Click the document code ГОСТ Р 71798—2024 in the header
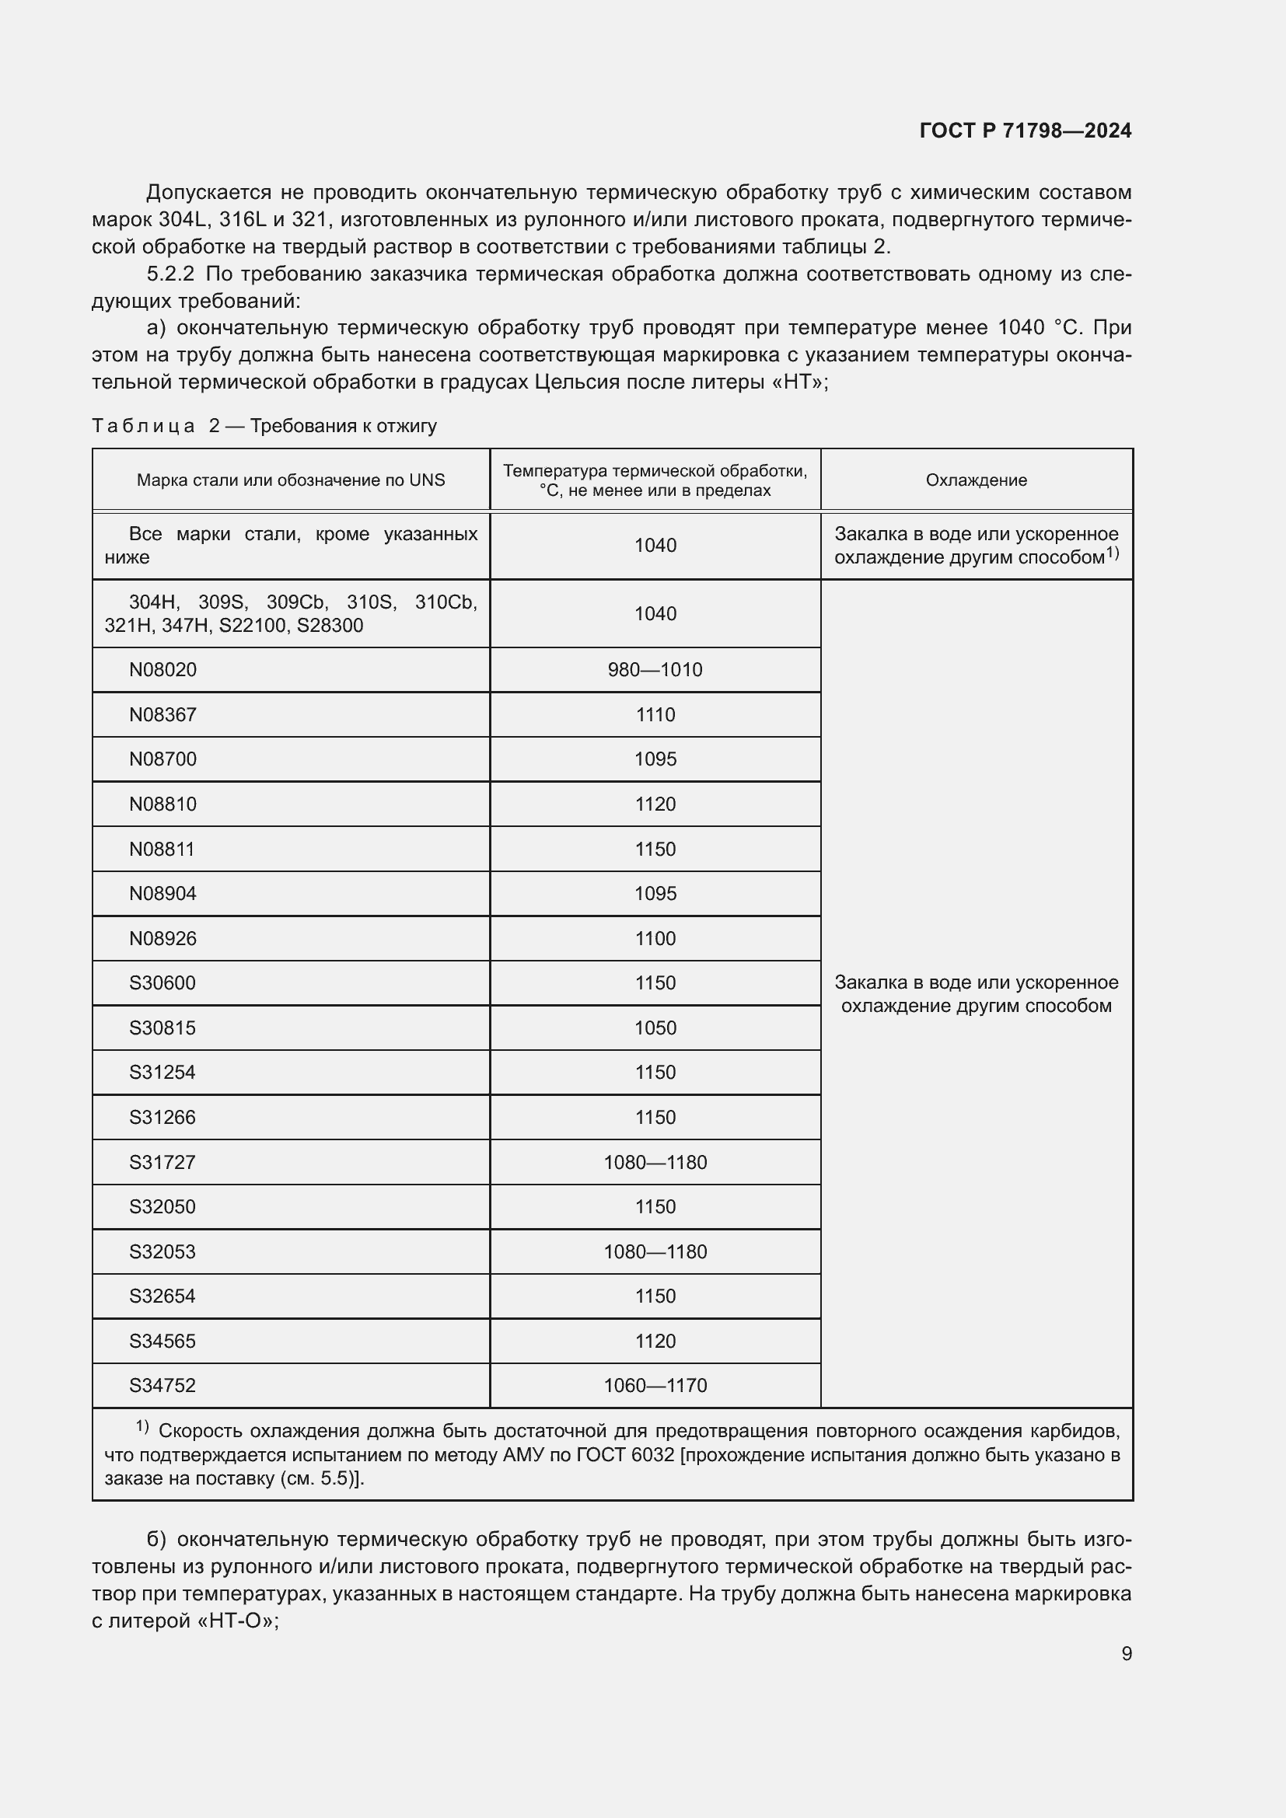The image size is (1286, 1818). [1026, 131]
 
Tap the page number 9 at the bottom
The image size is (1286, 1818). [1126, 1653]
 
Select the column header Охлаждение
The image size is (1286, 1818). [976, 480]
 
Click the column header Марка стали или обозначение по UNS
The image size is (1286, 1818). [291, 480]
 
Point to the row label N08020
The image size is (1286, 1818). [162, 670]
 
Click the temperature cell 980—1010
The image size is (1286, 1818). [655, 670]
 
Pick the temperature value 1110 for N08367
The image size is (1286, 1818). [655, 715]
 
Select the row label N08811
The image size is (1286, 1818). [162, 850]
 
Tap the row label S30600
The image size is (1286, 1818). [162, 983]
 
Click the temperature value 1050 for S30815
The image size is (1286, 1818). [655, 1028]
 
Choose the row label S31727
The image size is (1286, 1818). [162, 1162]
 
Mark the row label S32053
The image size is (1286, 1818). [162, 1252]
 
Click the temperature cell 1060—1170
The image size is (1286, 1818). [655, 1386]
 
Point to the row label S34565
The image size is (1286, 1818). [162, 1342]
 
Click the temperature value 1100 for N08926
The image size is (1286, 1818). [655, 939]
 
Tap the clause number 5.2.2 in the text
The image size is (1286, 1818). [170, 274]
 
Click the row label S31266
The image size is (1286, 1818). [162, 1118]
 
